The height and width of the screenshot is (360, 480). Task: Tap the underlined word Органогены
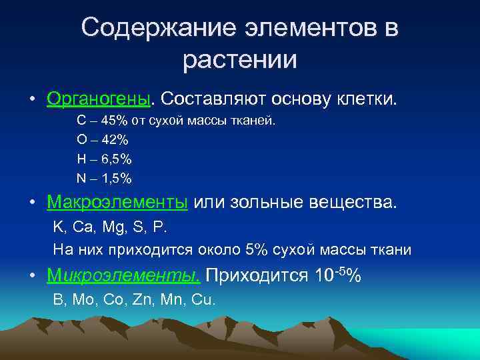[x=99, y=99]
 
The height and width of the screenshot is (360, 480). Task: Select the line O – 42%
[x=103, y=140]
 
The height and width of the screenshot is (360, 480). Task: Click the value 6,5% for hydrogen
[x=116, y=159]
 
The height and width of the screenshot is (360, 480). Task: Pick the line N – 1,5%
[x=104, y=178]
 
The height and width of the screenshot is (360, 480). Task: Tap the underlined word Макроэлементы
[x=117, y=201]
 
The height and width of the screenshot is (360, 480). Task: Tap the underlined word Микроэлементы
[x=123, y=275]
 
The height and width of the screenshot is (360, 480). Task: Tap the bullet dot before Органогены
[x=32, y=100]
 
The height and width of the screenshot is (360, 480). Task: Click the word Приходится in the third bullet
[x=257, y=275]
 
